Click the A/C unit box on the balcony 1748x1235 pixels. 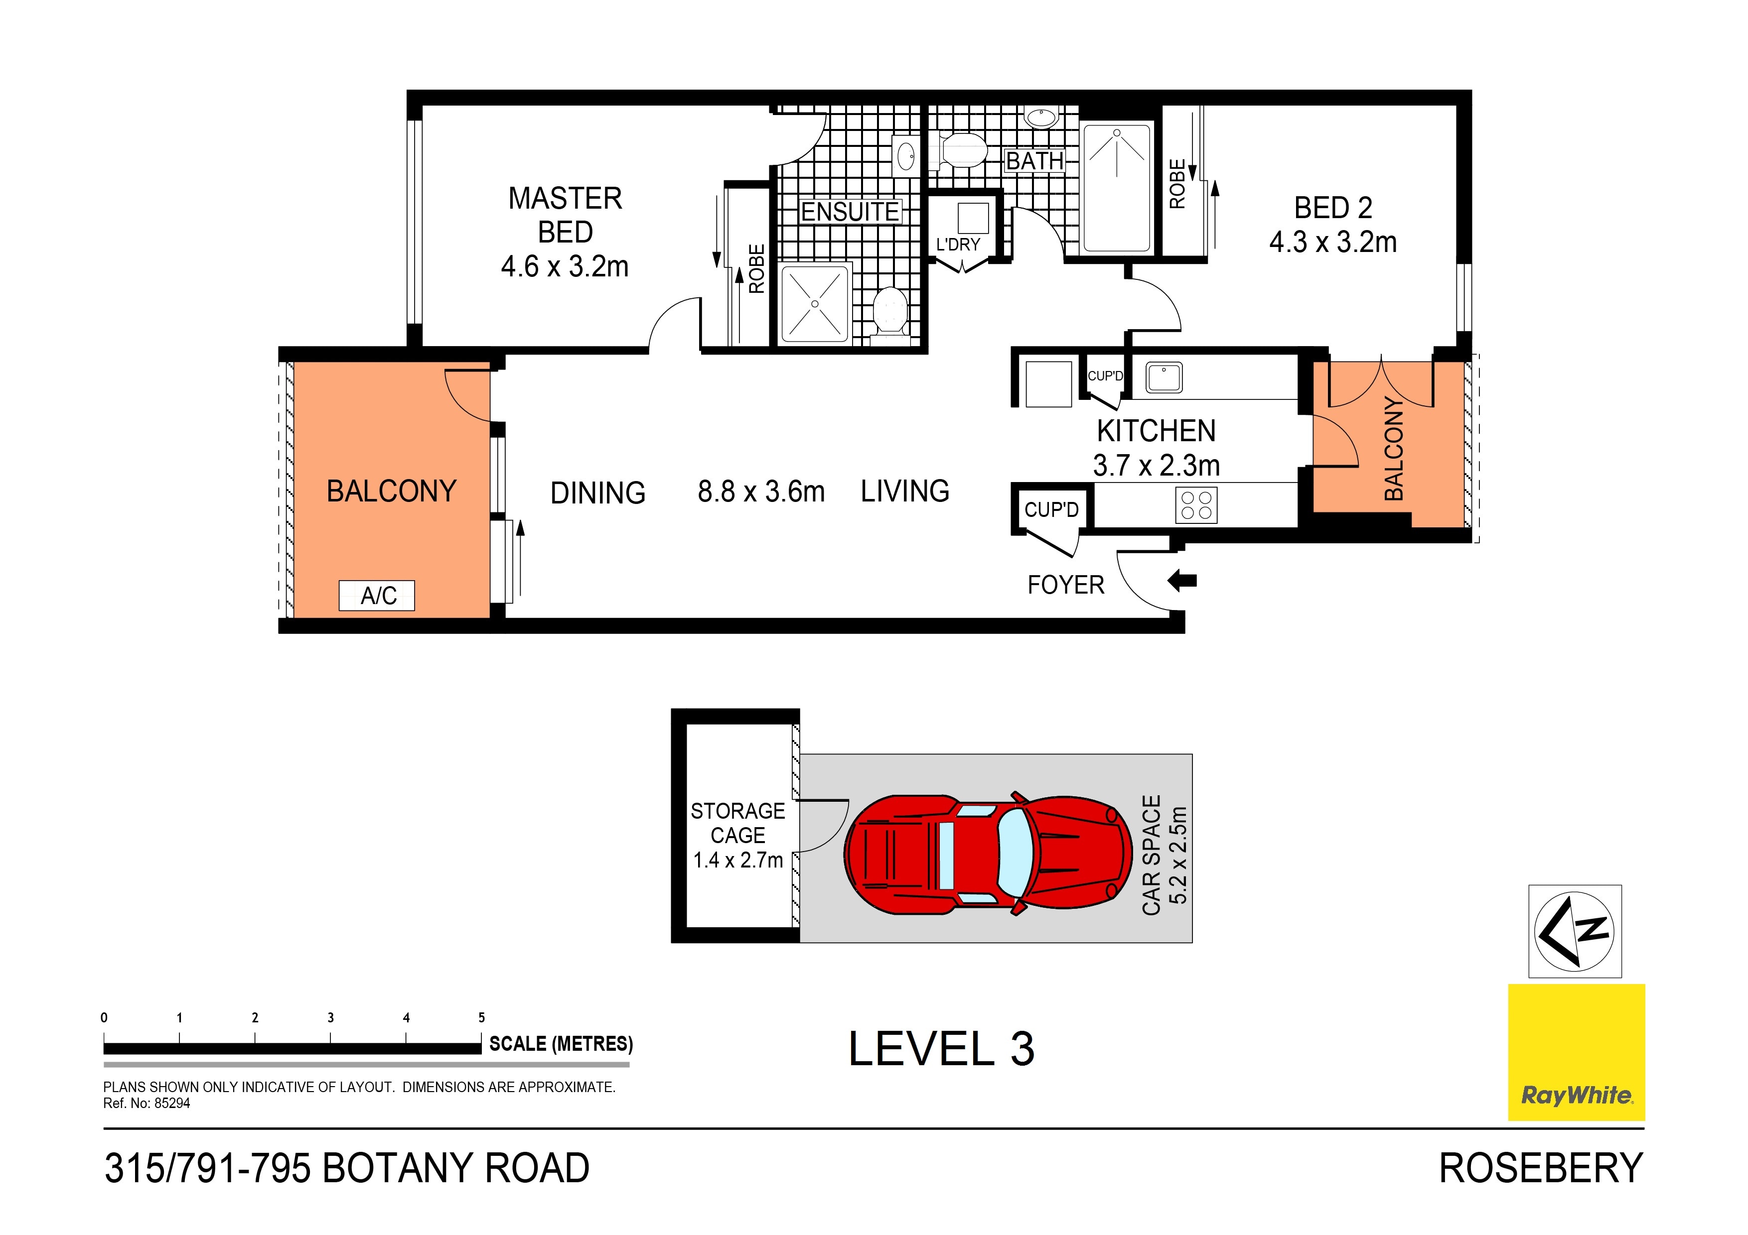(376, 595)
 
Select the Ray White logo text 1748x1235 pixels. (1576, 1096)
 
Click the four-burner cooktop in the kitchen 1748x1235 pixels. (1196, 504)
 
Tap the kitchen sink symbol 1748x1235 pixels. (1164, 377)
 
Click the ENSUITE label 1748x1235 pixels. (850, 212)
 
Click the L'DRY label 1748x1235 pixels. (958, 245)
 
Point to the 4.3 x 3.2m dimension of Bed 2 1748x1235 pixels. (1332, 242)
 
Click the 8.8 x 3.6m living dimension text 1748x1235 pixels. (760, 492)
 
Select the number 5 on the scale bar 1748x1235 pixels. (481, 1017)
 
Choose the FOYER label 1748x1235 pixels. (1065, 585)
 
